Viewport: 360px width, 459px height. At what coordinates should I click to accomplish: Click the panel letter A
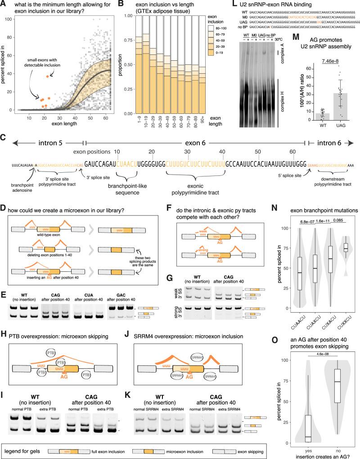[x=4, y=4]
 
